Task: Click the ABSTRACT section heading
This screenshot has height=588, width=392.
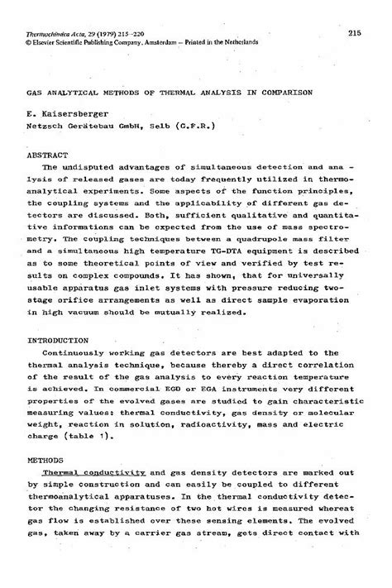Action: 47,154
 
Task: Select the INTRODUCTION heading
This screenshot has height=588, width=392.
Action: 57,340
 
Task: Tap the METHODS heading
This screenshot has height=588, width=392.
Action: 46,457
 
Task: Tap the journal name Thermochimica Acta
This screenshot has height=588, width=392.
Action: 51,31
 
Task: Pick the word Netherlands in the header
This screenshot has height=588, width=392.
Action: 258,41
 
